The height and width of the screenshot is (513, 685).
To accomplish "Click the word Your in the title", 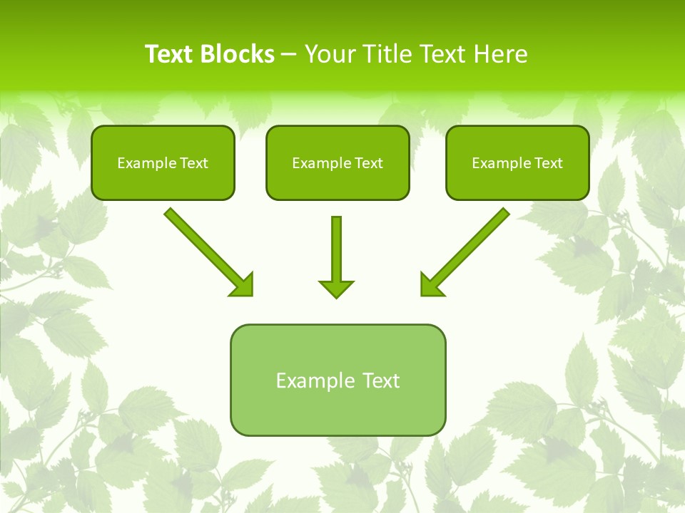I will click(329, 54).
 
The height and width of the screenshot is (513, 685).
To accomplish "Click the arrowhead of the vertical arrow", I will click(336, 289).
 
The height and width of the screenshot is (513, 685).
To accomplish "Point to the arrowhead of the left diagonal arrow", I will click(243, 284).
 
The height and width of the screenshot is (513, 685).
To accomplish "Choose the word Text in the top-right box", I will click(547, 163).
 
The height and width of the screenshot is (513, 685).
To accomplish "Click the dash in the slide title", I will click(290, 55).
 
